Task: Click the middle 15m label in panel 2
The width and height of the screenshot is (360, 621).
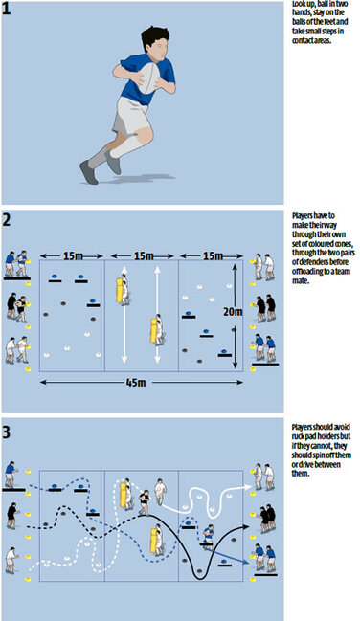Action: coord(141,256)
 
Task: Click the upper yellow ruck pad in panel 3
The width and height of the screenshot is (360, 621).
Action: coord(124,495)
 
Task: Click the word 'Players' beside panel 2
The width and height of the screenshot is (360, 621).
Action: coord(305,217)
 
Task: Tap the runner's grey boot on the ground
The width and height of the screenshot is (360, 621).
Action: coord(91,173)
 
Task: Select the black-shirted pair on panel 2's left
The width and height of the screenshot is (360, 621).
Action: coord(18,305)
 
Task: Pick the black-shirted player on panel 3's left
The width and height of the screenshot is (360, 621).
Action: coord(12,514)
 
